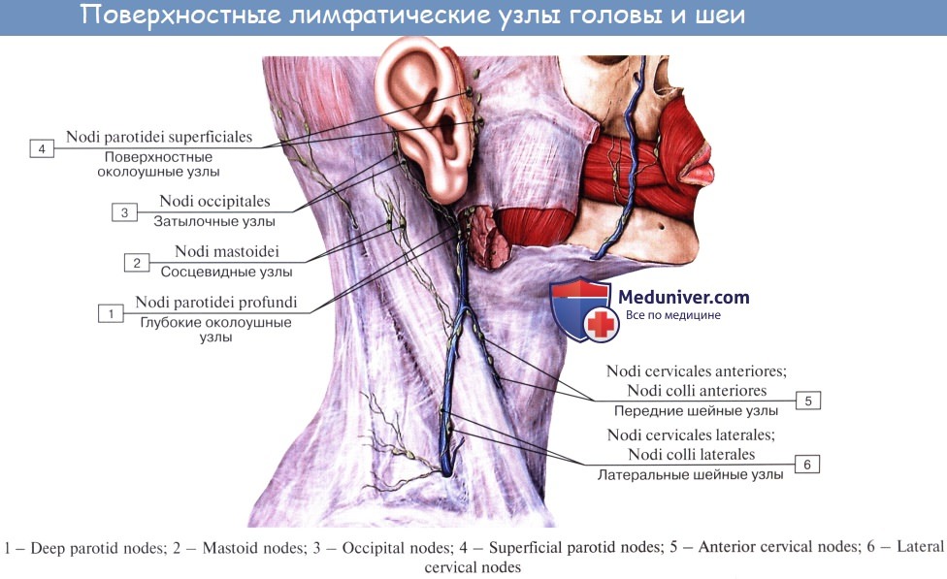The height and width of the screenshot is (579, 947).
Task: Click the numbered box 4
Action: (x=42, y=148)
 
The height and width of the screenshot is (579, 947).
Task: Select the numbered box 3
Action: (x=124, y=212)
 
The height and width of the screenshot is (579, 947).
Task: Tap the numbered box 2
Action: (x=137, y=263)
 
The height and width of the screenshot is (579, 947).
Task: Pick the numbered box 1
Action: (x=112, y=314)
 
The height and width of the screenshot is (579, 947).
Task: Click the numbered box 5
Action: (x=808, y=401)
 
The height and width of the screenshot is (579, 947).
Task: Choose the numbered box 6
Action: (x=807, y=465)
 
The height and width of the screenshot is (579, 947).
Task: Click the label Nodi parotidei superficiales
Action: (x=159, y=137)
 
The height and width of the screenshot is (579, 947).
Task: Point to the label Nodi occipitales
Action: (x=214, y=201)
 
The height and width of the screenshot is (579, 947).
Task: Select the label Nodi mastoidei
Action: (x=226, y=251)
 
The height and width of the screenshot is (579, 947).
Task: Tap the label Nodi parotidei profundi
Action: (x=216, y=302)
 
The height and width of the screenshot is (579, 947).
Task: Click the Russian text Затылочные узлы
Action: (x=214, y=221)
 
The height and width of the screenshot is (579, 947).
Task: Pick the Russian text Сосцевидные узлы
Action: (x=226, y=273)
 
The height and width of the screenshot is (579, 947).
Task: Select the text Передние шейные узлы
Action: (x=696, y=411)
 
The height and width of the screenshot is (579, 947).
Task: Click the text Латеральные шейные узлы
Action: (x=690, y=475)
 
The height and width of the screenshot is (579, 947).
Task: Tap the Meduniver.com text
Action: (x=684, y=297)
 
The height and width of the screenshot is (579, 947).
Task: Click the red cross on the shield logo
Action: (x=601, y=325)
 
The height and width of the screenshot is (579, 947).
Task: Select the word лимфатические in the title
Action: (x=389, y=16)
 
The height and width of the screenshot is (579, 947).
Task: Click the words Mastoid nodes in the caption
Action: (x=252, y=548)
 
